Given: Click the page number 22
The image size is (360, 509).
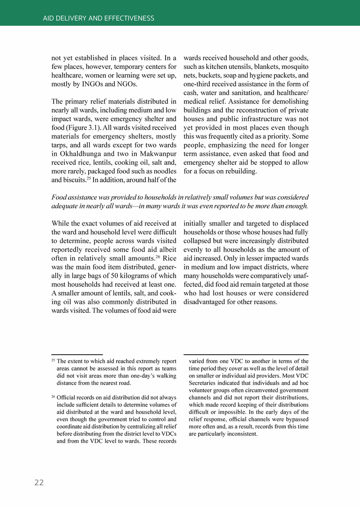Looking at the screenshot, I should (x=39, y=482).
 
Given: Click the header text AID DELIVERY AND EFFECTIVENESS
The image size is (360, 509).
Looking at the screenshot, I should (x=99, y=18).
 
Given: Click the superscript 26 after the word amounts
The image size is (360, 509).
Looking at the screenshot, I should (x=158, y=257).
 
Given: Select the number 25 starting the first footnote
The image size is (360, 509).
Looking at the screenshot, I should (x=53, y=360).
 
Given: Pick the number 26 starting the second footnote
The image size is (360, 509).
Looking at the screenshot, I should (x=53, y=396).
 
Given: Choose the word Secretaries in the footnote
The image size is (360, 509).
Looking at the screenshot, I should (x=202, y=383).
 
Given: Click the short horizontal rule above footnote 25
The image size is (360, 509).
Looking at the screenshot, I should (x=77, y=355).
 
